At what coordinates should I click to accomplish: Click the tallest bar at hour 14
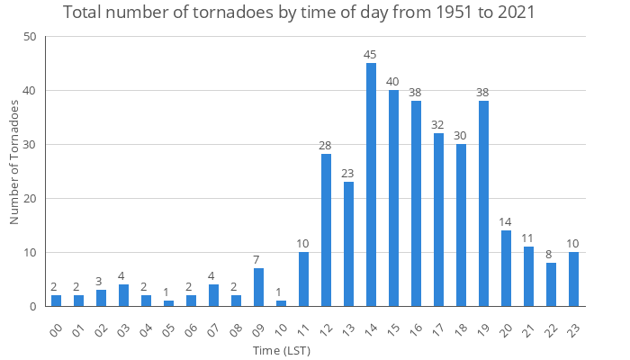pyautogui.click(x=371, y=184)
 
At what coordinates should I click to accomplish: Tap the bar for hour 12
pyautogui.click(x=326, y=230)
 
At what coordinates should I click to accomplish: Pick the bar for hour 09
pyautogui.click(x=258, y=287)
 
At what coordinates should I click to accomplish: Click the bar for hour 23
pyautogui.click(x=573, y=279)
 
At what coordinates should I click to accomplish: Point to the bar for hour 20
pyautogui.click(x=506, y=268)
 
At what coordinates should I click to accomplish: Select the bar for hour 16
pyautogui.click(x=416, y=203)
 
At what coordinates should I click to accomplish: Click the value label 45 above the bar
pyautogui.click(x=371, y=55)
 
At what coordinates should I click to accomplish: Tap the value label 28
pyautogui.click(x=326, y=146)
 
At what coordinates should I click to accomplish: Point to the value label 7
pyautogui.click(x=258, y=259)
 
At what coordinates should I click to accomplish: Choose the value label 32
pyautogui.click(x=438, y=125)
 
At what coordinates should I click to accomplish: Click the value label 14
pyautogui.click(x=506, y=222)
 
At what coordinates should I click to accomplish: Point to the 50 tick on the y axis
pyautogui.click(x=31, y=37)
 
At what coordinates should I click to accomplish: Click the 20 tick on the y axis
pyautogui.click(x=31, y=199)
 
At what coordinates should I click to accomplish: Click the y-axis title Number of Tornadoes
pyautogui.click(x=14, y=162)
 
